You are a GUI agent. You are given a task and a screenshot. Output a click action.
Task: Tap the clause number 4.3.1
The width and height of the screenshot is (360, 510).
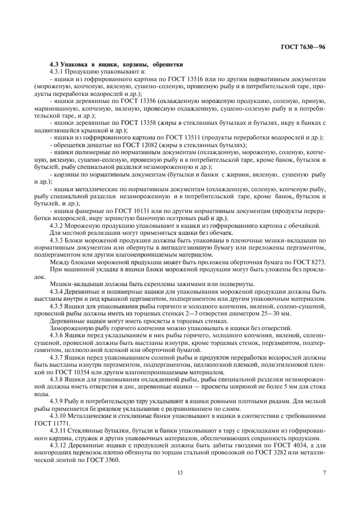57,71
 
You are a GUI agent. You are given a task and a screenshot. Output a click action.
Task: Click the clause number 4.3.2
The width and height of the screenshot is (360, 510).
57,224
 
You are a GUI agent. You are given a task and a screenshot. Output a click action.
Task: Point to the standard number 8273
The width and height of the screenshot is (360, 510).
315,262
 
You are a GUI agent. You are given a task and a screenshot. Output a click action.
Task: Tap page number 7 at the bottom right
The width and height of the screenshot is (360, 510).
324,472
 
